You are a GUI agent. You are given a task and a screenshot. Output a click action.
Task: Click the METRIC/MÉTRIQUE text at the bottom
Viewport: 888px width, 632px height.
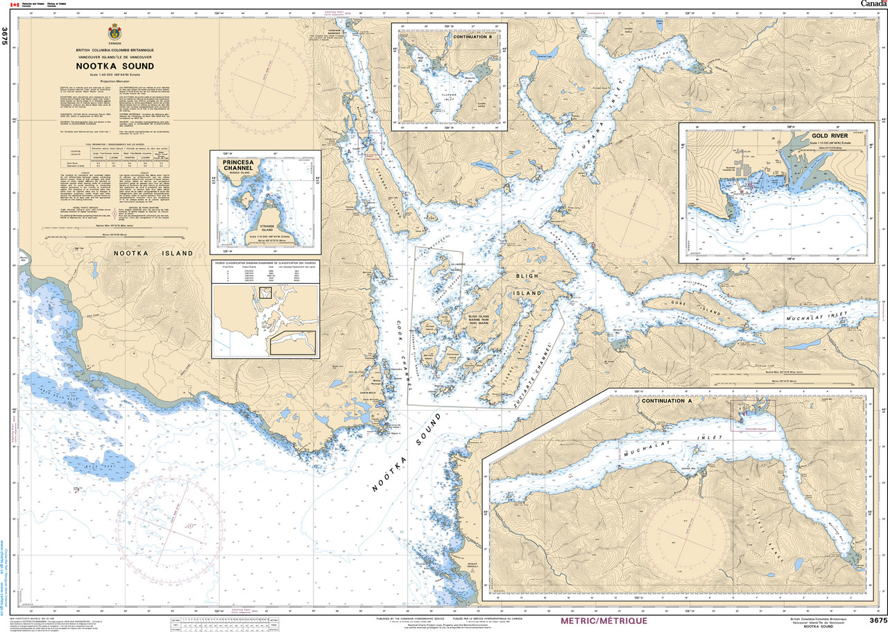(x=604, y=620)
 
